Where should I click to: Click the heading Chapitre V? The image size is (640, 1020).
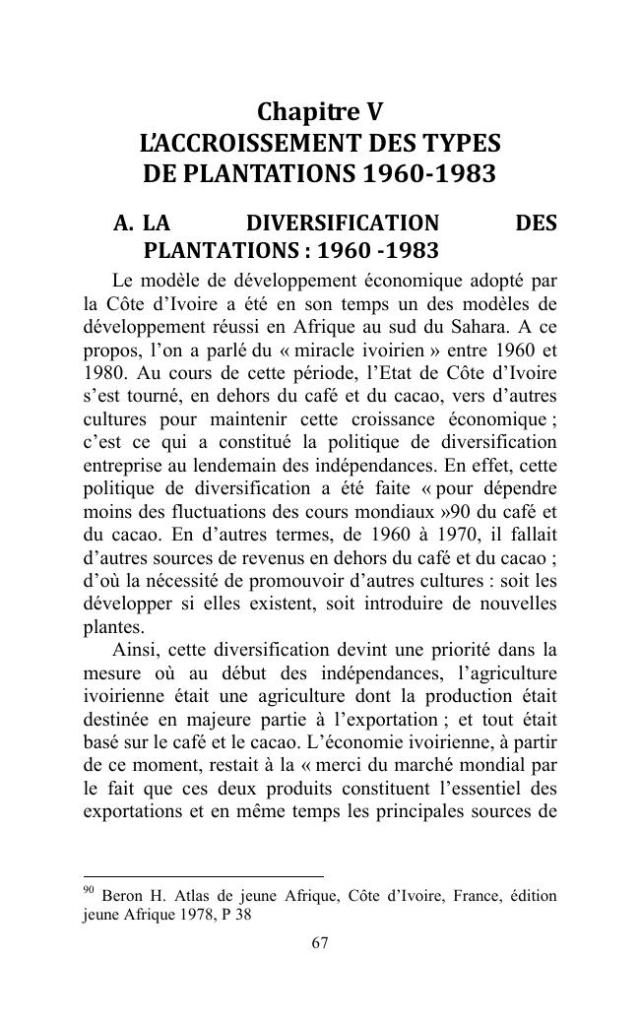click(x=320, y=111)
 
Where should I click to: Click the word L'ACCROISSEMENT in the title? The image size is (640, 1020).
click(x=232, y=144)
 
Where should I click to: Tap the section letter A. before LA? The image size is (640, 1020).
click(x=124, y=223)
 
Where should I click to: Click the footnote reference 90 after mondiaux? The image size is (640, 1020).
click(x=460, y=511)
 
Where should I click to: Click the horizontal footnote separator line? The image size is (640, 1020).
click(x=204, y=875)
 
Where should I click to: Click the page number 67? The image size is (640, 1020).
click(x=320, y=943)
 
